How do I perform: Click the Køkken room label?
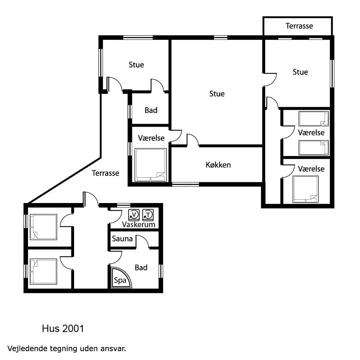coord(218,165)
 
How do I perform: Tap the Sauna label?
coord(122,239)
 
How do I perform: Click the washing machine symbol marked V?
coord(134,215)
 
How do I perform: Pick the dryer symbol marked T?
coord(148,215)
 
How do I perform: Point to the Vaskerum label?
coord(139,225)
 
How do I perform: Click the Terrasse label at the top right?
coord(299,26)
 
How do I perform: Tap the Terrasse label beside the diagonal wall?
coord(106,173)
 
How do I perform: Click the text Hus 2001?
coord(63,329)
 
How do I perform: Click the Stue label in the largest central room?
coord(217,94)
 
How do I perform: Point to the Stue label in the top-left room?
coord(136,65)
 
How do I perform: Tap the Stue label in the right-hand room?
coord(300,72)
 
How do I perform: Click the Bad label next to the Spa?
coord(141,268)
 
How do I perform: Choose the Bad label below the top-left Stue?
coord(151,111)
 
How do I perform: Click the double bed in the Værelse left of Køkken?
coord(150,165)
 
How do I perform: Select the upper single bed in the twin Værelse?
coord(314,119)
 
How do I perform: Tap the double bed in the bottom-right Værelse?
coord(306,190)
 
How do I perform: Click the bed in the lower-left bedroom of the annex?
coord(43,272)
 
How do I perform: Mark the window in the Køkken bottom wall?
coord(185,184)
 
